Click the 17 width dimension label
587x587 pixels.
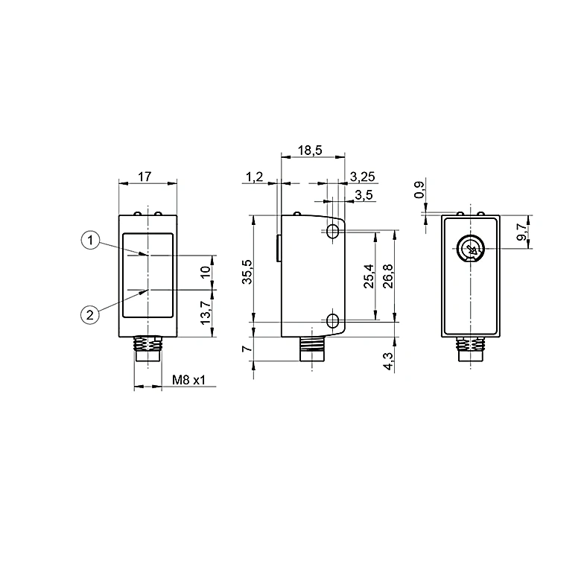tap(145, 177)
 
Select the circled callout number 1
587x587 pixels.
tap(90, 241)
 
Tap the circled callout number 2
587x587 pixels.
tap(90, 315)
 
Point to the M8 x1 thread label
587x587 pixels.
tap(188, 381)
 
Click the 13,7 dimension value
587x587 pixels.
tap(206, 313)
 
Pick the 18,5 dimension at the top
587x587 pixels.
tap(310, 150)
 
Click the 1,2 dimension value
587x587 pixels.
tap(255, 177)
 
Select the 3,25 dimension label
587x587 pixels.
tap(362, 177)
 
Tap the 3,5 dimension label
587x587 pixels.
tap(364, 195)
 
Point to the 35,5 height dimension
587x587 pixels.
tap(248, 272)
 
